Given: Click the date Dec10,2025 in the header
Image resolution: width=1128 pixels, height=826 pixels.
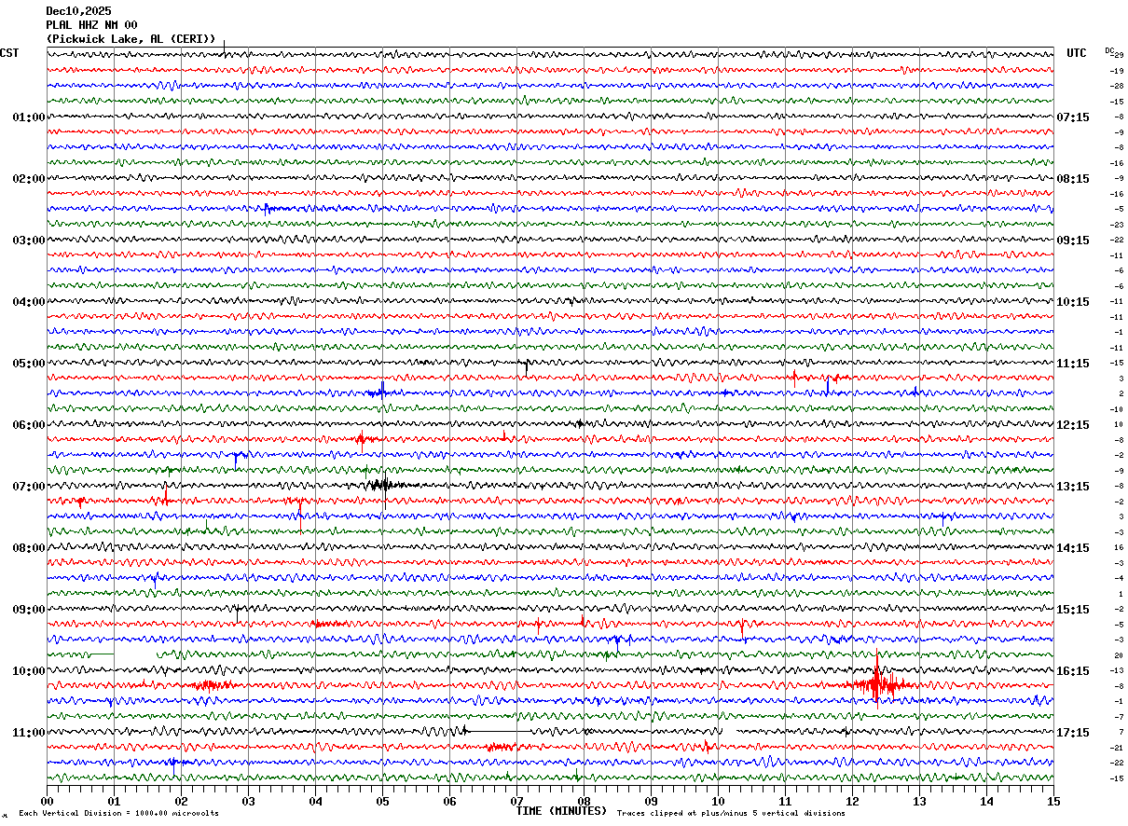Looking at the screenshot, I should pyautogui.click(x=78, y=11).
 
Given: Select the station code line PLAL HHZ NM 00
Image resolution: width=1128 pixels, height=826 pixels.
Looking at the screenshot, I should pyautogui.click(x=91, y=25).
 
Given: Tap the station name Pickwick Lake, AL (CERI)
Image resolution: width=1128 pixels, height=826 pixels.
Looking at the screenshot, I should pyautogui.click(x=131, y=39).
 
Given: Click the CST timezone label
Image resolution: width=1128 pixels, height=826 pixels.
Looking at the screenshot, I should pyautogui.click(x=9, y=53).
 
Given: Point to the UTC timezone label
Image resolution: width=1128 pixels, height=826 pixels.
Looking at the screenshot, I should pyautogui.click(x=1077, y=53).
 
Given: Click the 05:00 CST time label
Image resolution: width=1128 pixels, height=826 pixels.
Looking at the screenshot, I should pyautogui.click(x=28, y=364).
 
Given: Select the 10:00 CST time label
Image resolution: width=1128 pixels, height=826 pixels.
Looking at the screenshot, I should pyautogui.click(x=28, y=671).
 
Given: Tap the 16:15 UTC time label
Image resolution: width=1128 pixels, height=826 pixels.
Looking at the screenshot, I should pyautogui.click(x=1073, y=671).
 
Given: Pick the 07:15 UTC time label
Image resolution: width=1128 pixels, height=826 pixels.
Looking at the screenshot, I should pyautogui.click(x=1073, y=117).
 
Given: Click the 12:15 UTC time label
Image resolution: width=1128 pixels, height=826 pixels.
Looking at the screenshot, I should pyautogui.click(x=1073, y=425).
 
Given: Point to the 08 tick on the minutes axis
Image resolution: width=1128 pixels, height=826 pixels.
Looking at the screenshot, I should pyautogui.click(x=584, y=801).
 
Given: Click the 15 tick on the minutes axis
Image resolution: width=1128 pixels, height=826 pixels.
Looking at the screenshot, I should pyautogui.click(x=1052, y=801).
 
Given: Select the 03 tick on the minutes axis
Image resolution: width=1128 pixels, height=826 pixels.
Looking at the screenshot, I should pyautogui.click(x=248, y=801).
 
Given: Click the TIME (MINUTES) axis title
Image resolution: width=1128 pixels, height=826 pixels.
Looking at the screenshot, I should pyautogui.click(x=561, y=811).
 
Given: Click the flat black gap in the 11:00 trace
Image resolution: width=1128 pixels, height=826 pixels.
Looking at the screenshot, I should pyautogui.click(x=499, y=732).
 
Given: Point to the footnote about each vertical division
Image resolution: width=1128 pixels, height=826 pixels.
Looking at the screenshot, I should pyautogui.click(x=118, y=814).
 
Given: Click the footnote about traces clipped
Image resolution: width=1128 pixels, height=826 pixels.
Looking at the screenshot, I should pyautogui.click(x=731, y=814).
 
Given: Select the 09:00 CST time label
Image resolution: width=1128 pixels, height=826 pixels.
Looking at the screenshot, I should pyautogui.click(x=28, y=610).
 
